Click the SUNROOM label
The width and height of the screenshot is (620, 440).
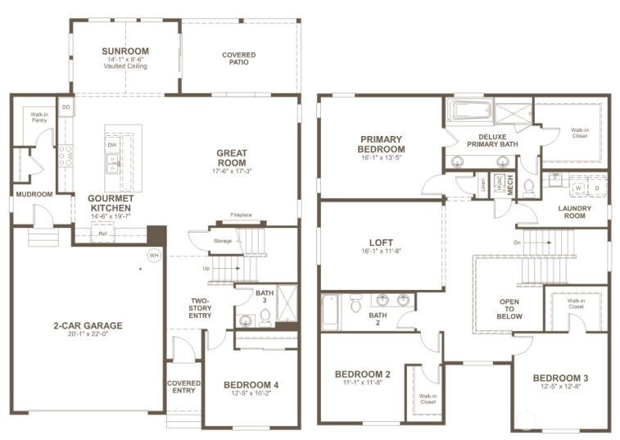coord(125,51)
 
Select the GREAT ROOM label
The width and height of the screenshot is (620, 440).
coord(232,157)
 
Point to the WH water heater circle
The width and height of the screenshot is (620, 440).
coord(153,256)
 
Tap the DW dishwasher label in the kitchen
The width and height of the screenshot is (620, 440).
coord(111,145)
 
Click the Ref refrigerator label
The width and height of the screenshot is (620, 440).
coord(102,234)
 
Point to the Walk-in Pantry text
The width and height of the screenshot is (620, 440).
coord(38,117)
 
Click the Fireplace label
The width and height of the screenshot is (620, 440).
coord(241,215)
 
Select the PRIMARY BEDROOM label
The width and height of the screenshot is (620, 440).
coord(381,143)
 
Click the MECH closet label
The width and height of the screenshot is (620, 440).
coord(509,186)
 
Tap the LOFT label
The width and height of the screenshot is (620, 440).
coord(382,243)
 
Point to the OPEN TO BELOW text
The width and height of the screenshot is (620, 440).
coord(509,308)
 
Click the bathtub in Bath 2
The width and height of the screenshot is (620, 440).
coord(330,312)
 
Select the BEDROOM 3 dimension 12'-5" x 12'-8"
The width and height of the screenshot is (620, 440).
coord(560,387)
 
